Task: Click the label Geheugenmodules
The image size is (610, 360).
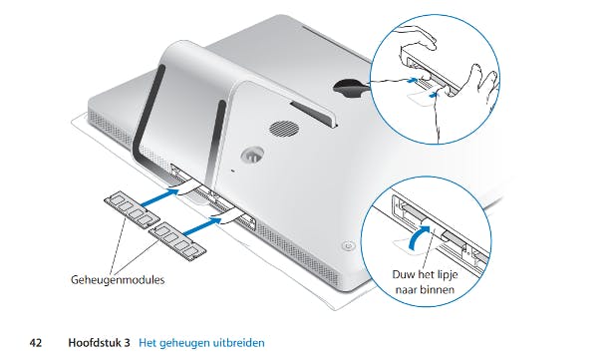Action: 118,280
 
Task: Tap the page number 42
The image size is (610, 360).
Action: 36,343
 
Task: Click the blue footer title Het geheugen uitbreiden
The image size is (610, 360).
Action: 201,343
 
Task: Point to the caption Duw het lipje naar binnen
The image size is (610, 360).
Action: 425,282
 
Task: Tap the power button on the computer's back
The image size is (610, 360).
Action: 348,246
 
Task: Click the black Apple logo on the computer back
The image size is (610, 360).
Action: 351,88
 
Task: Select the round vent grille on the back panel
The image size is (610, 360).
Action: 284,128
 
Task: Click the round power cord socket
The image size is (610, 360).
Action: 252,155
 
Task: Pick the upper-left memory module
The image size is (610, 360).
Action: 132,208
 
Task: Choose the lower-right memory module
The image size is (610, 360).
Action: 177,241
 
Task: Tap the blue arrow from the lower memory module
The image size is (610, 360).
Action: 202,226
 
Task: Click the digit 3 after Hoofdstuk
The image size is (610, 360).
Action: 127,343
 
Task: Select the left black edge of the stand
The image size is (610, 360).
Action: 147,117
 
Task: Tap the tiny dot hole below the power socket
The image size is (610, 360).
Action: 232,171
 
